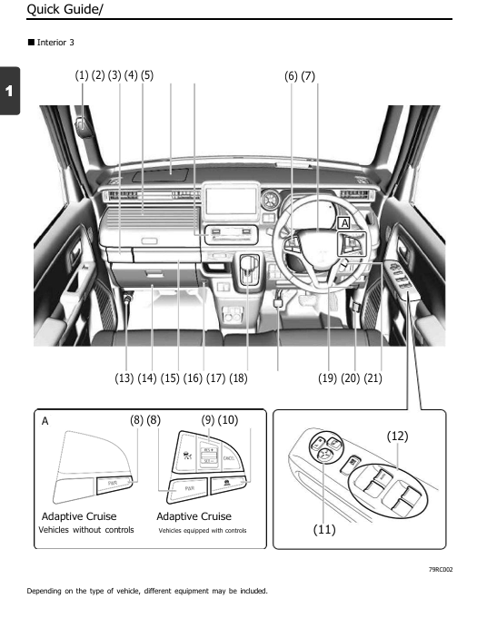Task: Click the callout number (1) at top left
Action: tap(82, 75)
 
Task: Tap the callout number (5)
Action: tap(146, 75)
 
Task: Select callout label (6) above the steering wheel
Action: tap(291, 76)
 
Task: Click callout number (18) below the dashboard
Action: tap(238, 378)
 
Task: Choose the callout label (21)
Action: tap(373, 378)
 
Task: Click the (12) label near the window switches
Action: tap(397, 437)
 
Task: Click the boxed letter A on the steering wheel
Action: tap(344, 222)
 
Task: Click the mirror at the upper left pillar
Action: tap(83, 123)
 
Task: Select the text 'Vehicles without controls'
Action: tap(86, 530)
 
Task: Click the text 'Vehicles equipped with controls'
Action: tap(202, 530)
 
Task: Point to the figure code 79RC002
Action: tap(441, 569)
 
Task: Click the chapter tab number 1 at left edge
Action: tap(9, 92)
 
